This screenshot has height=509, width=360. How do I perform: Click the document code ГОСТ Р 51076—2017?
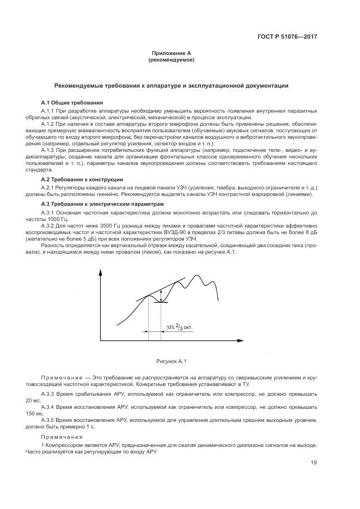(x=287, y=37)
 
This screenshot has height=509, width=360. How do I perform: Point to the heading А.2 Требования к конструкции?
(x=82, y=179)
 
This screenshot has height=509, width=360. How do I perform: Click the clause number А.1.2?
(x=50, y=124)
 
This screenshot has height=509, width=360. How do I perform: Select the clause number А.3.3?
(x=50, y=393)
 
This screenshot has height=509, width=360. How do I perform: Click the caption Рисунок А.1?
(x=172, y=360)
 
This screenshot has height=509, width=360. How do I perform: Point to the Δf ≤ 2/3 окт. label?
(x=179, y=328)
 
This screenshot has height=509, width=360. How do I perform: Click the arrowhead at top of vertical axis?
(x=101, y=272)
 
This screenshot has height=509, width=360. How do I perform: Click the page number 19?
(x=314, y=463)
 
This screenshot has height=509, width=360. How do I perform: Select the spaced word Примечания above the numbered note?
(x=62, y=437)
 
